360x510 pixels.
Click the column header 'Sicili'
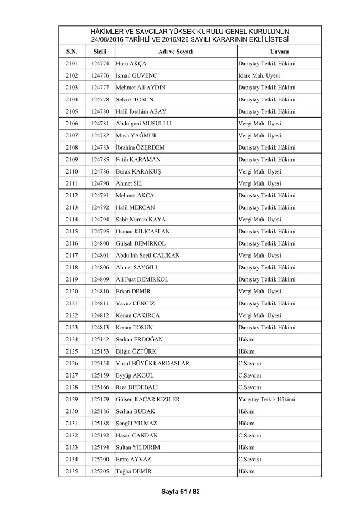coord(100,52)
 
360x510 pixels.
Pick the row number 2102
coord(71,75)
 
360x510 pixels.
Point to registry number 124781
coord(100,123)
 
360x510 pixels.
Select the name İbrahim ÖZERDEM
coord(141,147)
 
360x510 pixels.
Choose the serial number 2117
coord(71,255)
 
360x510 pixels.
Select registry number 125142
coord(100,339)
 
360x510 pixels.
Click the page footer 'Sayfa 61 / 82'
coord(179,492)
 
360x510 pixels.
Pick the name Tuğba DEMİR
coord(133,471)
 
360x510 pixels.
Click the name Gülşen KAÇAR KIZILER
coord(148,399)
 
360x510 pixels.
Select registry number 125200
coord(100,459)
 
